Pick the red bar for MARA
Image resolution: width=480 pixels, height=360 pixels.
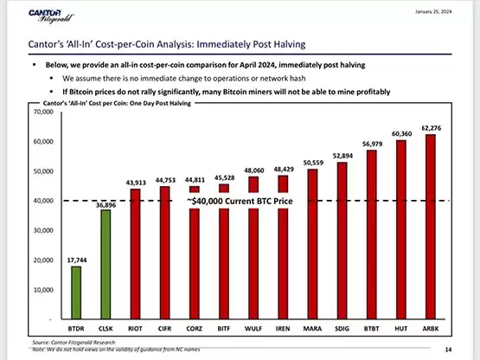pos(312,242)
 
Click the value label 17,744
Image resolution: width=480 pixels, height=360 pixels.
pos(76,259)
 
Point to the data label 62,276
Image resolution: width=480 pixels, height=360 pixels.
pos(430,128)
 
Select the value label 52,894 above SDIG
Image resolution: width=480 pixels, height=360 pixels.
pos(342,156)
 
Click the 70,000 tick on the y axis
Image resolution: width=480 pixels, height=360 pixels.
pos(43,112)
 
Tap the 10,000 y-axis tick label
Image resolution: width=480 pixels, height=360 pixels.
pos(43,289)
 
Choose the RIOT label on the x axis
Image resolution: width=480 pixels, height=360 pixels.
pos(136,329)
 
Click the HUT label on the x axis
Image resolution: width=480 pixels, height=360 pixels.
pos(400,329)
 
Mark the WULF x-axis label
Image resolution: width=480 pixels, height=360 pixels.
pos(253,329)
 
